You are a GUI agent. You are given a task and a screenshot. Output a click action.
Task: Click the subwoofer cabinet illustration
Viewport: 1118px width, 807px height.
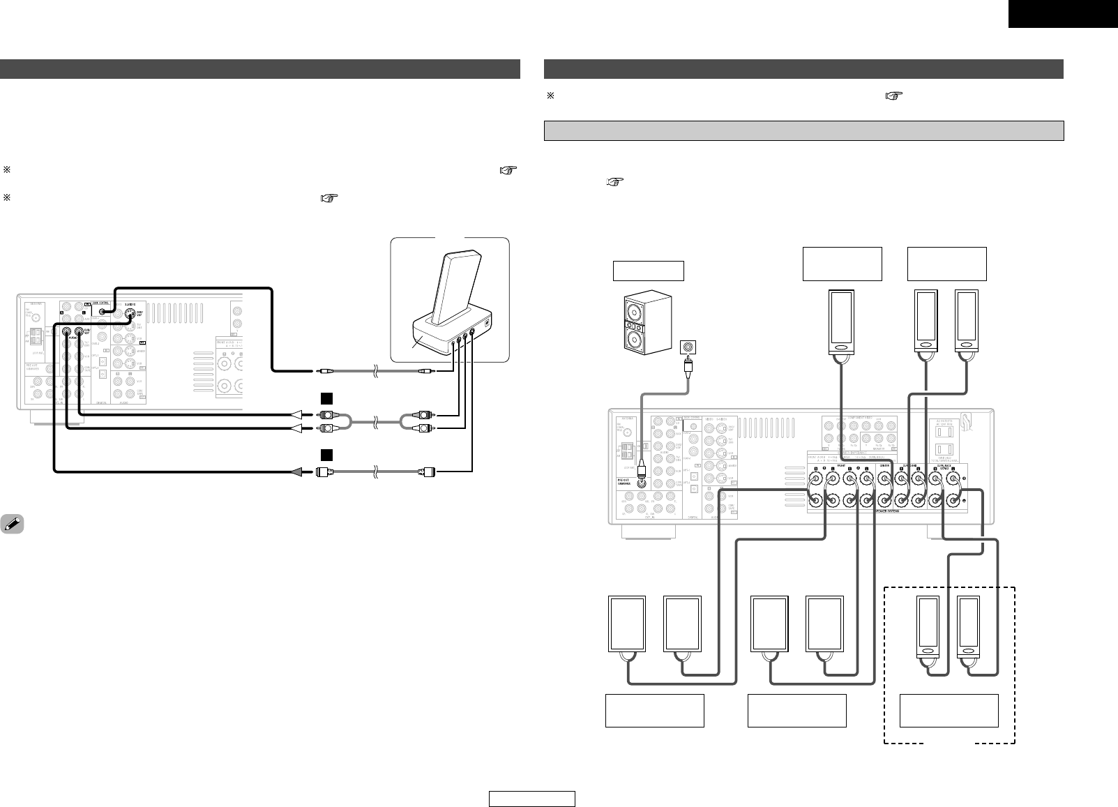647,323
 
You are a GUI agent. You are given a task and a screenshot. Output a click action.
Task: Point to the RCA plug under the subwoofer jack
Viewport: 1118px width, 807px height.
689,368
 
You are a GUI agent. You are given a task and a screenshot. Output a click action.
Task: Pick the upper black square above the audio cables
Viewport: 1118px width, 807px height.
325,400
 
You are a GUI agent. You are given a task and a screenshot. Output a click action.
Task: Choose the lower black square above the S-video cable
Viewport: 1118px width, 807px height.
325,455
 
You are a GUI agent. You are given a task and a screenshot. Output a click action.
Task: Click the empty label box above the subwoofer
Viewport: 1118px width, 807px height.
648,271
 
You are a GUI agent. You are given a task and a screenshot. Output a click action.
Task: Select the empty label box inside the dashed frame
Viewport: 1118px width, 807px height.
949,711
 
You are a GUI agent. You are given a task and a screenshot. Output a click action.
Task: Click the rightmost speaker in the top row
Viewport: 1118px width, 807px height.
966,323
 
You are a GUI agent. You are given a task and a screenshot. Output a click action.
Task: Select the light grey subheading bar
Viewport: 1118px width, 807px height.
803,130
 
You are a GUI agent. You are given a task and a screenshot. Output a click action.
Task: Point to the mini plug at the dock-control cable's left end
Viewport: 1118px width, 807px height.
324,373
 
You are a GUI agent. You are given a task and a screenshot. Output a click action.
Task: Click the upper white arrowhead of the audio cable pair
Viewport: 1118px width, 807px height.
296,415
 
